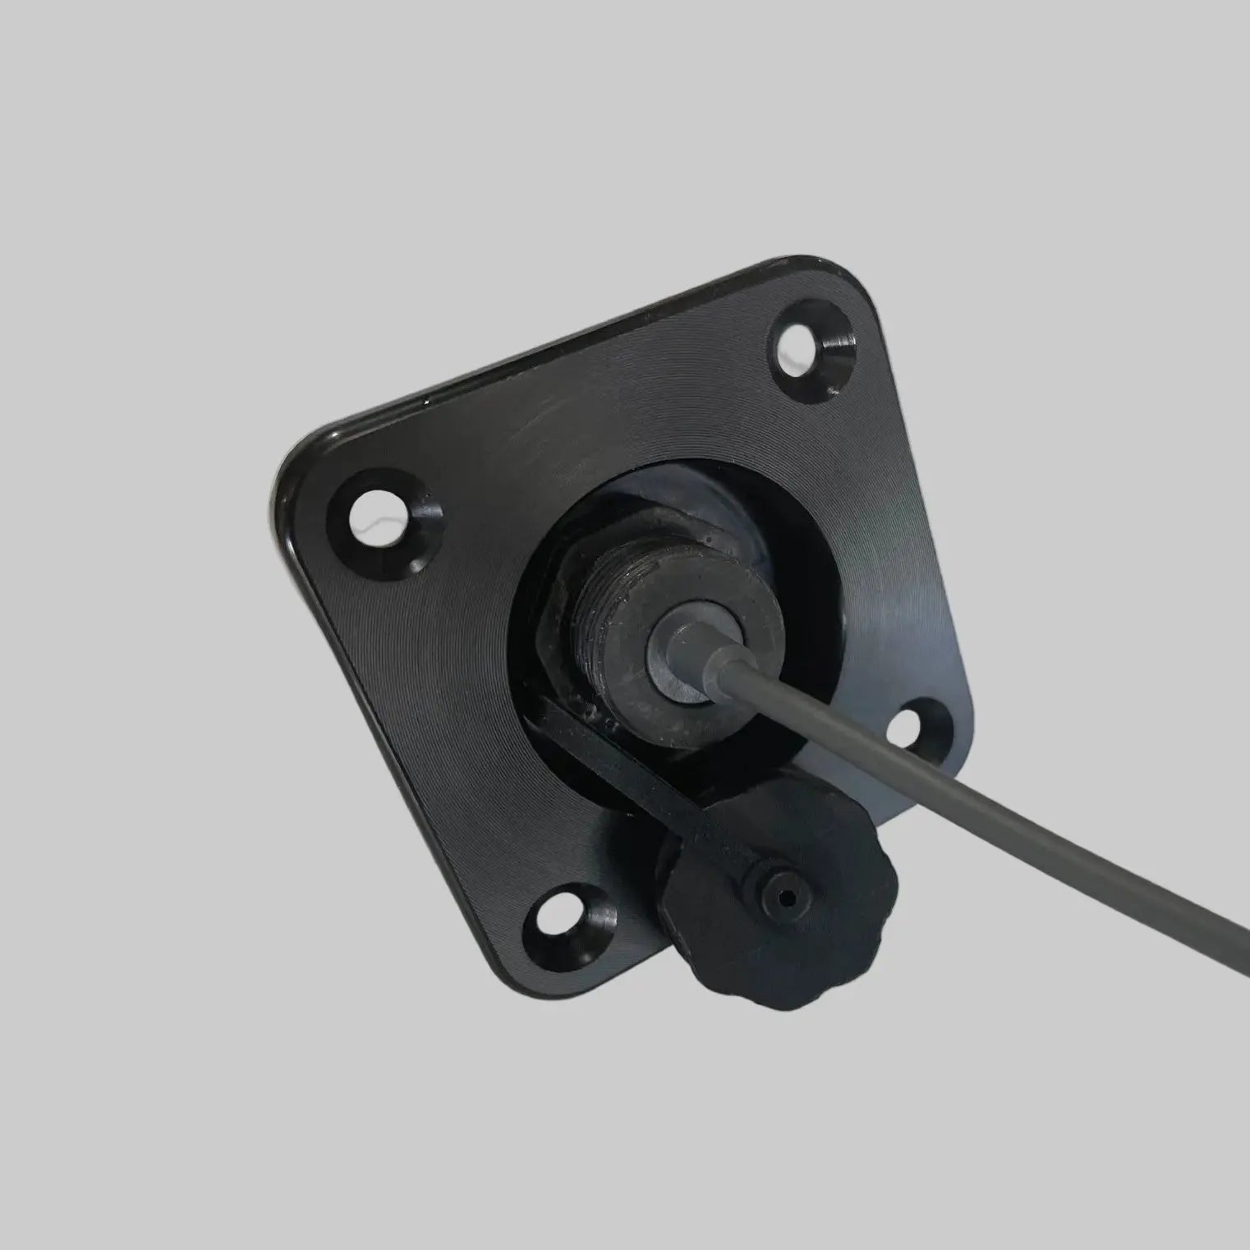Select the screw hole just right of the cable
tap(917, 728)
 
